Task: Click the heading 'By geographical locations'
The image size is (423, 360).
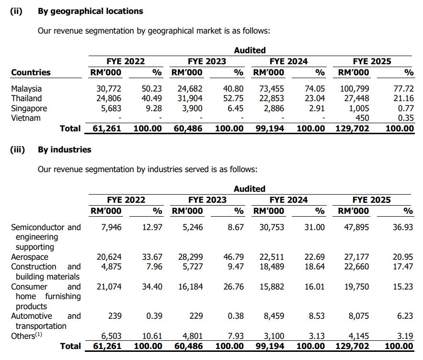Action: pyautogui.click(x=90, y=11)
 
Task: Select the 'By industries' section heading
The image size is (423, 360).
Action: pyautogui.click(x=64, y=150)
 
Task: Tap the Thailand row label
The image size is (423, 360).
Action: pyautogui.click(x=26, y=98)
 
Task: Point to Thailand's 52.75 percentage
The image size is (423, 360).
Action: pyautogui.click(x=234, y=98)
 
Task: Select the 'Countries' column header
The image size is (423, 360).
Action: pyautogui.click(x=31, y=72)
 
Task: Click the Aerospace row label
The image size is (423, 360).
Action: pyautogui.click(x=30, y=257)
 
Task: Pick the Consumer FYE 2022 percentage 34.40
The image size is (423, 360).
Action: pyautogui.click(x=153, y=287)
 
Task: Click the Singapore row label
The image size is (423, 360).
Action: pyautogui.click(x=29, y=108)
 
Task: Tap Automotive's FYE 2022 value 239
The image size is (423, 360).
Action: pyautogui.click(x=115, y=316)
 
